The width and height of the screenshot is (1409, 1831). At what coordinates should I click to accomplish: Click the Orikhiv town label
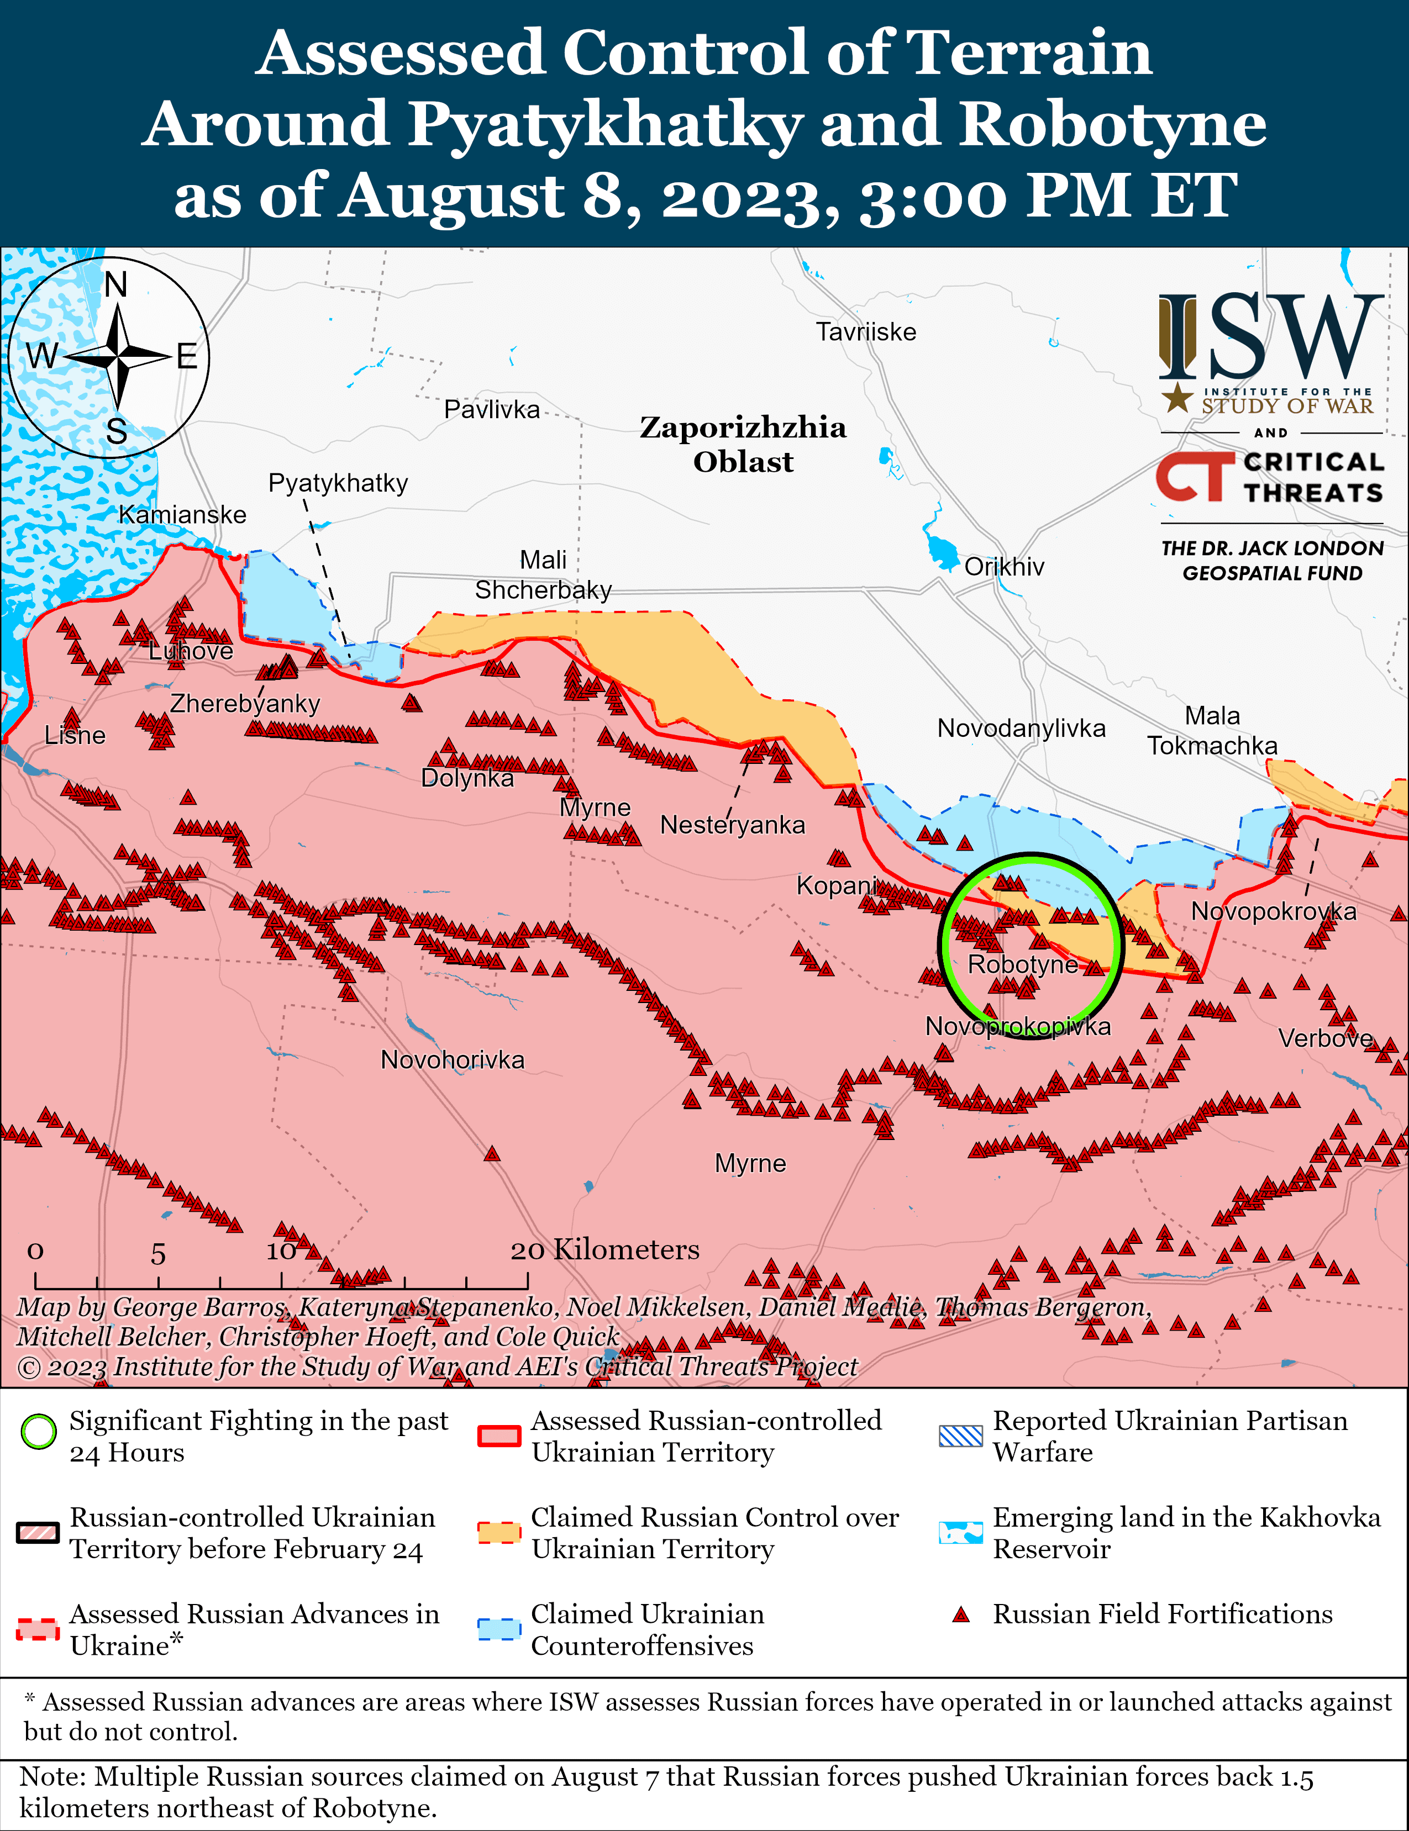pyautogui.click(x=1004, y=567)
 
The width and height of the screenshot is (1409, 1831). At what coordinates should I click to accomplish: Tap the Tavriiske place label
pyautogui.click(x=866, y=332)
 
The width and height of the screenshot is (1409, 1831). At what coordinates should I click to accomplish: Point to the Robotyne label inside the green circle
pyautogui.click(x=1022, y=964)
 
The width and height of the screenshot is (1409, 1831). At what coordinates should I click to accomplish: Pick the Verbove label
pyautogui.click(x=1325, y=1039)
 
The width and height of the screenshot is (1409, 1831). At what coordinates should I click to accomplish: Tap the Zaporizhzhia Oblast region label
pyautogui.click(x=743, y=444)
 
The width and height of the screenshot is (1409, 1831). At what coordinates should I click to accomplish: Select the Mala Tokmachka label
pyautogui.click(x=1212, y=730)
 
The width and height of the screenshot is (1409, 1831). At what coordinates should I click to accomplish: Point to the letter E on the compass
pyautogui.click(x=186, y=357)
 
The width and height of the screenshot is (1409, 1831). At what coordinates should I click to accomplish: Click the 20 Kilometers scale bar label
pyautogui.click(x=604, y=1250)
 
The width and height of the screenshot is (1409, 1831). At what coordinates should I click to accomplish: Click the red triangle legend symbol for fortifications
pyautogui.click(x=961, y=1614)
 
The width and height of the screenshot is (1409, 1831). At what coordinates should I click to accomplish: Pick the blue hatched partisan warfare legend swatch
pyautogui.click(x=960, y=1436)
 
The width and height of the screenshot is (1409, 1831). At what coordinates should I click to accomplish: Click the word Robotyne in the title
pyautogui.click(x=1112, y=124)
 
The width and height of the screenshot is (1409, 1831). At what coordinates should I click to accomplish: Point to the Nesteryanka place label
pyautogui.click(x=732, y=825)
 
